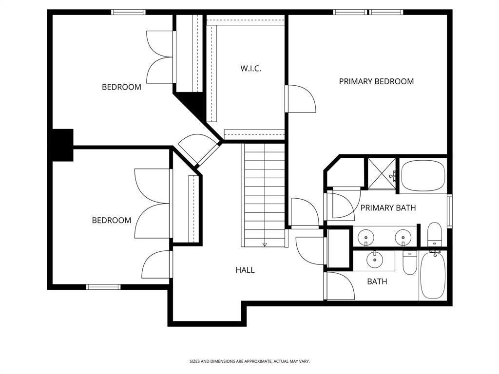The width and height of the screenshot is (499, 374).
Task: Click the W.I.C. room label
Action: (250, 69)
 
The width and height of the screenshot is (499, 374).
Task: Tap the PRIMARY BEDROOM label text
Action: (376, 81)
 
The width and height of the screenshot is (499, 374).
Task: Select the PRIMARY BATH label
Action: (388, 208)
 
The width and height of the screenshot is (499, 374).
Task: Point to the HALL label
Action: (245, 270)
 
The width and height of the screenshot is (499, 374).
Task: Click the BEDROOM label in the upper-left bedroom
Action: (121, 87)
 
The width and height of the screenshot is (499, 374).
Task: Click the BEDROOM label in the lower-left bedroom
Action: (112, 221)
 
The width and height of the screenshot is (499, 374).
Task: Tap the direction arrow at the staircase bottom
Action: (265, 244)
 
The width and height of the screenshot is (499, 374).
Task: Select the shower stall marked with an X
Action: (382, 173)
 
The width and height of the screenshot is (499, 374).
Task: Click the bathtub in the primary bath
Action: (423, 175)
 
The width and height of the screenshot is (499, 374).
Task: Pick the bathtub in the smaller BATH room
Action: (432, 275)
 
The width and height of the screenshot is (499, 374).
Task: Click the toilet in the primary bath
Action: (434, 235)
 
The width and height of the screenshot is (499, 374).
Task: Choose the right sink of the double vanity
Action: (402, 238)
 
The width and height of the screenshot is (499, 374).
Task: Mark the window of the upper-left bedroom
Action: (128, 12)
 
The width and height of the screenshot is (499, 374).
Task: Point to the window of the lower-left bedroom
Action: (103, 287)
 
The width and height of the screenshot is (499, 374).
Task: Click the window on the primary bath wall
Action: (449, 211)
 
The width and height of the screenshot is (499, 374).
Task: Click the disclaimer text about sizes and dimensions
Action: (249, 361)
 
